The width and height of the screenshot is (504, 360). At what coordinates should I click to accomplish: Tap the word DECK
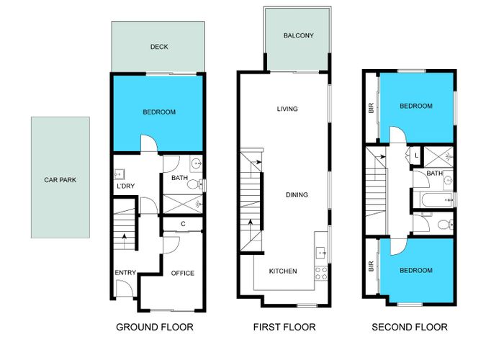click(x=158, y=47)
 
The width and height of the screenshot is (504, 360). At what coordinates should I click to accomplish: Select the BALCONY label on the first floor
click(x=297, y=35)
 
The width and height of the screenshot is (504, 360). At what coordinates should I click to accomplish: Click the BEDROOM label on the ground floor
click(x=158, y=112)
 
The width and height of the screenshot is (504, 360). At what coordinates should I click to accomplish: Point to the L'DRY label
click(x=127, y=186)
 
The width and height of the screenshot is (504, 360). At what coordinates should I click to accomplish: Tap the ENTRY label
click(x=125, y=272)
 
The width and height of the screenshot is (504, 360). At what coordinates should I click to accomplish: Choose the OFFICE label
click(x=182, y=273)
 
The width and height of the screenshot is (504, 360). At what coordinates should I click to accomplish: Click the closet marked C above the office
click(x=183, y=224)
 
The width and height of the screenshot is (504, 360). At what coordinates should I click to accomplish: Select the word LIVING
click(x=287, y=109)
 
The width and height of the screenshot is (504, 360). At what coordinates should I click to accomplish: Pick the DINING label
click(x=296, y=194)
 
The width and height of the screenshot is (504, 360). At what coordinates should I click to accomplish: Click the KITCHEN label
click(x=283, y=271)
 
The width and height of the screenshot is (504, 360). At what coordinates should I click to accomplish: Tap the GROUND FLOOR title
click(x=154, y=327)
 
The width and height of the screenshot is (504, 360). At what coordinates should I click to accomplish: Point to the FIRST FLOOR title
click(x=284, y=327)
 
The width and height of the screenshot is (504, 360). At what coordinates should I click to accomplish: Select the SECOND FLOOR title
click(x=409, y=327)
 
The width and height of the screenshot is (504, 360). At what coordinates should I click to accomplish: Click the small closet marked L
click(x=416, y=155)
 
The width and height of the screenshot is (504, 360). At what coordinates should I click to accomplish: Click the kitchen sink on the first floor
click(x=322, y=253)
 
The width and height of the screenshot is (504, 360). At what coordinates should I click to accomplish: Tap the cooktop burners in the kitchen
click(x=322, y=272)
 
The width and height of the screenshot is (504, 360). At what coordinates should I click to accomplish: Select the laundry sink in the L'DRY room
click(x=120, y=173)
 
